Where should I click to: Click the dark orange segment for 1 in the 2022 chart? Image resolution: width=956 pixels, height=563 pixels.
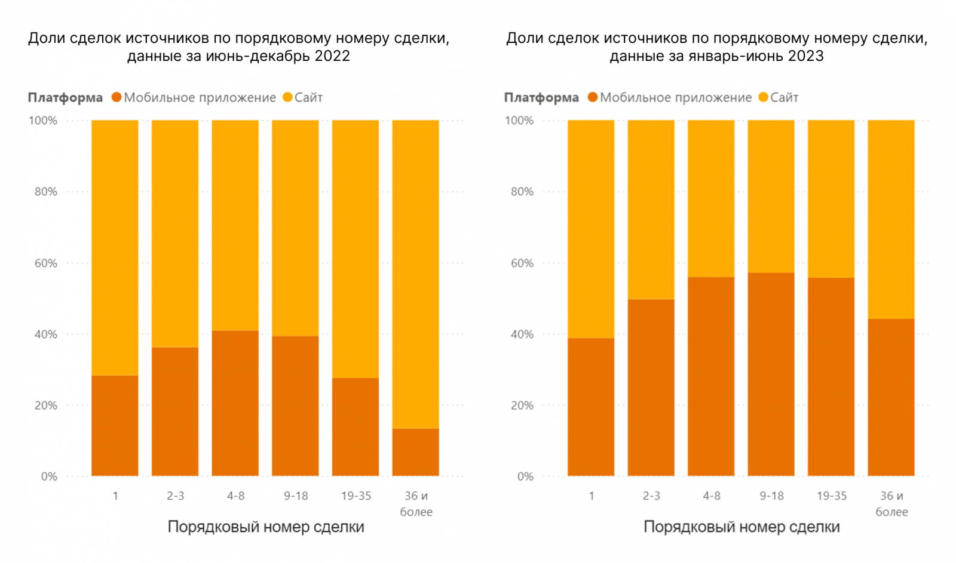pyautogui.click(x=115, y=425)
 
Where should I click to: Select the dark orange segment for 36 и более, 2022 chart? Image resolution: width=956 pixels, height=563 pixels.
pyautogui.click(x=415, y=452)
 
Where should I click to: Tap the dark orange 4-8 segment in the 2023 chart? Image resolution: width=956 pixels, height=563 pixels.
pyautogui.click(x=710, y=376)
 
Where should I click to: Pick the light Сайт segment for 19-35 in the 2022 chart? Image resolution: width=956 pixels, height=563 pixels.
pyautogui.click(x=356, y=249)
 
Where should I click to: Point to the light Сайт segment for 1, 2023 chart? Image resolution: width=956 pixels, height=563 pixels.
pyautogui.click(x=591, y=229)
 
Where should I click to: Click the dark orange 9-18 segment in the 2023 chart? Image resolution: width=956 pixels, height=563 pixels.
pyautogui.click(x=771, y=374)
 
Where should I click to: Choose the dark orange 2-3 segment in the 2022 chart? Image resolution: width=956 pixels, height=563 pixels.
pyautogui.click(x=175, y=411)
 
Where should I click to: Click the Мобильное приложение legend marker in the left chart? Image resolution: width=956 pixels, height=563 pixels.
pyautogui.click(x=117, y=97)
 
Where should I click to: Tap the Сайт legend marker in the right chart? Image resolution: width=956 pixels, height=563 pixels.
pyautogui.click(x=763, y=97)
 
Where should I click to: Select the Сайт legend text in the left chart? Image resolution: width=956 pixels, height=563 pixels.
pyautogui.click(x=308, y=97)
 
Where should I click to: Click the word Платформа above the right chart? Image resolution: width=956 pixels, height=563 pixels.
pyautogui.click(x=541, y=97)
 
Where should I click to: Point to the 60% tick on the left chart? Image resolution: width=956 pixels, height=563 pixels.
pyautogui.click(x=46, y=263)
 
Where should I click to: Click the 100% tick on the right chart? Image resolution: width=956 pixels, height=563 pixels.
pyautogui.click(x=519, y=121)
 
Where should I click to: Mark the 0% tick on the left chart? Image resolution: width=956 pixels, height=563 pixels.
pyautogui.click(x=49, y=476)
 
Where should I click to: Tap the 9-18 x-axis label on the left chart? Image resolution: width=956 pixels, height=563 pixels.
pyautogui.click(x=296, y=496)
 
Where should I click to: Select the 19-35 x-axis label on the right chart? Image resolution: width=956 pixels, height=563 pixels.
pyautogui.click(x=832, y=496)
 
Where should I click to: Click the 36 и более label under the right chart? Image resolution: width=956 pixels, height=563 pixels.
pyautogui.click(x=891, y=504)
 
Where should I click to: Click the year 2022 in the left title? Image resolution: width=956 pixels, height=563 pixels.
pyautogui.click(x=332, y=56)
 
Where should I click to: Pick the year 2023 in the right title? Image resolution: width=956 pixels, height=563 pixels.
pyautogui.click(x=805, y=56)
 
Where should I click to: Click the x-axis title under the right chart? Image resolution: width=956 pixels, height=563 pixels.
pyautogui.click(x=741, y=527)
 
